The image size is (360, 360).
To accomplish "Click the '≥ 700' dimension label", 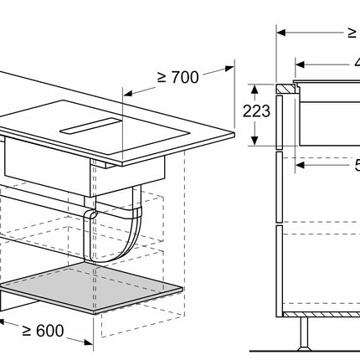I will [x=177, y=77].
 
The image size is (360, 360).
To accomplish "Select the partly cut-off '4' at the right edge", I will [x=354, y=62].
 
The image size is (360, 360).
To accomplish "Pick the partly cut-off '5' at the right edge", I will [x=354, y=165].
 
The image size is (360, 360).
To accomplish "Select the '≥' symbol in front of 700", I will [x=162, y=77].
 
